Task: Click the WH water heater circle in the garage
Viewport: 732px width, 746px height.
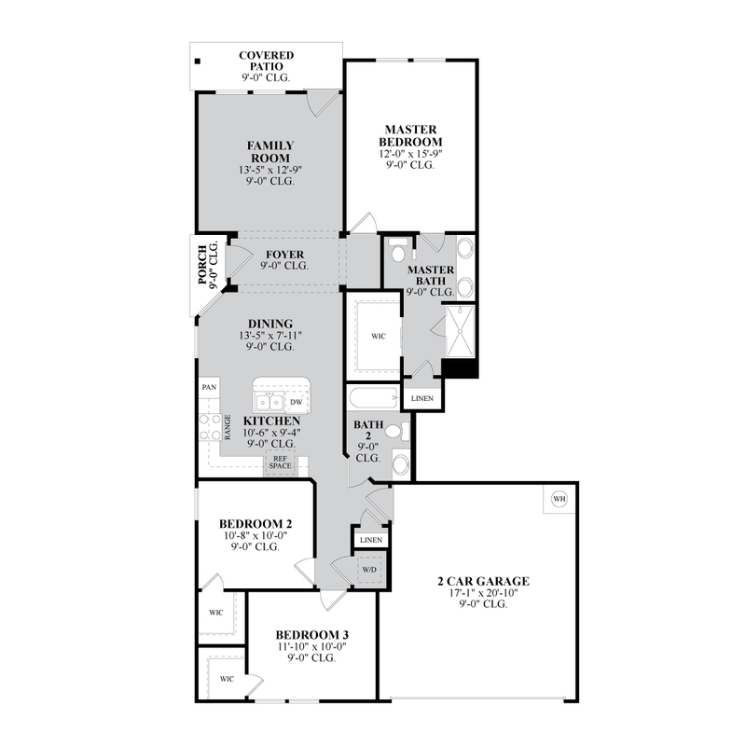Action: [559, 499]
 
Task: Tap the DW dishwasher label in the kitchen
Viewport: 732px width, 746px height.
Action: [297, 402]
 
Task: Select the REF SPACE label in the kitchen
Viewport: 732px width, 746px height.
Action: [280, 462]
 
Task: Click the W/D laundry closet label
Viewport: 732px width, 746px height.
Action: [369, 570]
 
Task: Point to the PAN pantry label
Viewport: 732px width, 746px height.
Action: [209, 387]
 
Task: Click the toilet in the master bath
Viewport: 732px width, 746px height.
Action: [397, 249]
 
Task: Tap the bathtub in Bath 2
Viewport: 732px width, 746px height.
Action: [373, 398]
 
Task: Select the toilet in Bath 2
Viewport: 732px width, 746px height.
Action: [397, 432]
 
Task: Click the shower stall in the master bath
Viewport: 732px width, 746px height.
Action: [460, 331]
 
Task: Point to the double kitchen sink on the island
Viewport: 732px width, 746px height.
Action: [269, 403]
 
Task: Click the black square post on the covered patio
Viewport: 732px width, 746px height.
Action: [198, 62]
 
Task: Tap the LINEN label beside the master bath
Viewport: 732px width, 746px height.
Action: [422, 399]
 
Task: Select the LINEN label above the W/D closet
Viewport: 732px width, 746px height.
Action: [371, 540]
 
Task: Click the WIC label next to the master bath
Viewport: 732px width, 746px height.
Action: [379, 337]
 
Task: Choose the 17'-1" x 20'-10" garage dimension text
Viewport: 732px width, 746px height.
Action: [483, 593]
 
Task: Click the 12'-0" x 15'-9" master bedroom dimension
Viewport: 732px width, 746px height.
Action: [410, 154]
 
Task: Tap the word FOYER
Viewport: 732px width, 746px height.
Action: [284, 255]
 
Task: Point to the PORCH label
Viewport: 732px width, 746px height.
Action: [202, 265]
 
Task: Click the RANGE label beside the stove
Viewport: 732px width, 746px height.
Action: [228, 427]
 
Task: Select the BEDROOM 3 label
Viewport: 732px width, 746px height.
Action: [312, 635]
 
